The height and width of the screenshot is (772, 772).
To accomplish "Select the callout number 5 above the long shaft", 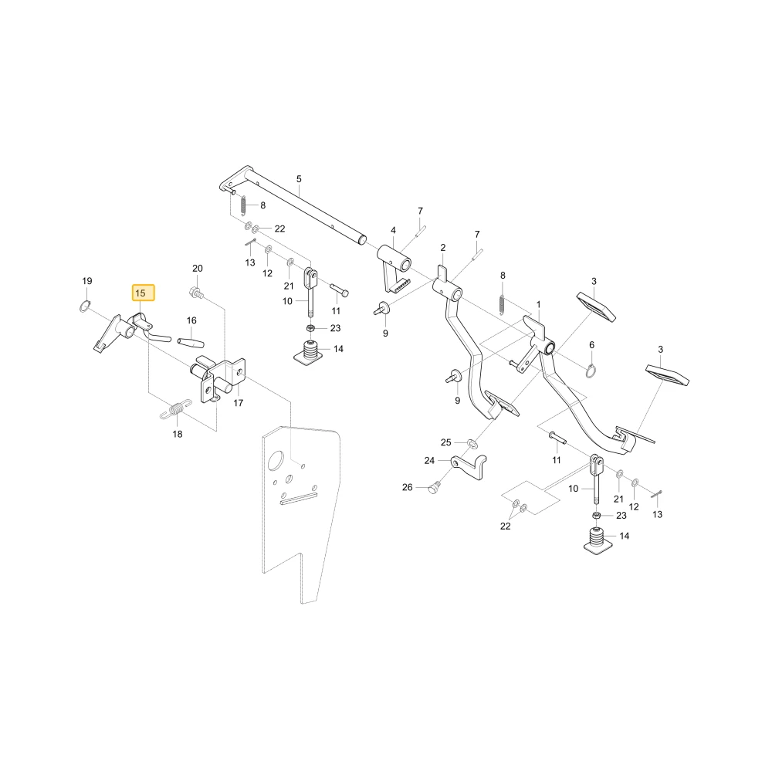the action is [x=299, y=179].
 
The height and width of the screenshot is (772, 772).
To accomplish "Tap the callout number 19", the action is [x=87, y=281].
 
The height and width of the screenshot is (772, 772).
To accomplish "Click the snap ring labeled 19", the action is [x=85, y=306].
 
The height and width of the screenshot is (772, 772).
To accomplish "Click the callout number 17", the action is [x=239, y=403].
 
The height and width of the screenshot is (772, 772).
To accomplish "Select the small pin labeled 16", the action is [x=191, y=342].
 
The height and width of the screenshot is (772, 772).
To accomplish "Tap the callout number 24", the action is [x=429, y=461].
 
